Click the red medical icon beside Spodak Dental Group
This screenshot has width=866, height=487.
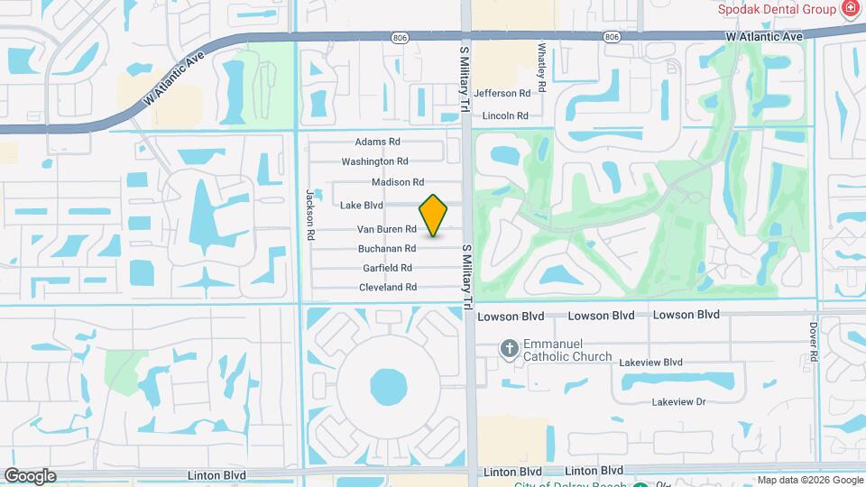(849, 9)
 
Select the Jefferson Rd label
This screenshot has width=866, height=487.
(502, 93)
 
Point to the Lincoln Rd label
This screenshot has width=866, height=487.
(505, 115)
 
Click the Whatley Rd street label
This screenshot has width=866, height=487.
(543, 68)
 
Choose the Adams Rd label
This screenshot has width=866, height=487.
(377, 142)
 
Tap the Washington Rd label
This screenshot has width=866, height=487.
(374, 161)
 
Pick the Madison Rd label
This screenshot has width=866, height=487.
(398, 182)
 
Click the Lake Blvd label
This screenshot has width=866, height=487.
(362, 206)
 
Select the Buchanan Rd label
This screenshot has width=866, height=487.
(386, 248)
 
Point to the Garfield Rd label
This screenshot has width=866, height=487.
(387, 268)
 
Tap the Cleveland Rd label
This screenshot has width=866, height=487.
(388, 287)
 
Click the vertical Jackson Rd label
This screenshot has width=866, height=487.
(309, 213)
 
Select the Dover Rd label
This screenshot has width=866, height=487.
(813, 342)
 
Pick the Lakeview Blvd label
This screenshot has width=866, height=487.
(650, 362)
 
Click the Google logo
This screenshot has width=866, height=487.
(30, 476)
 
